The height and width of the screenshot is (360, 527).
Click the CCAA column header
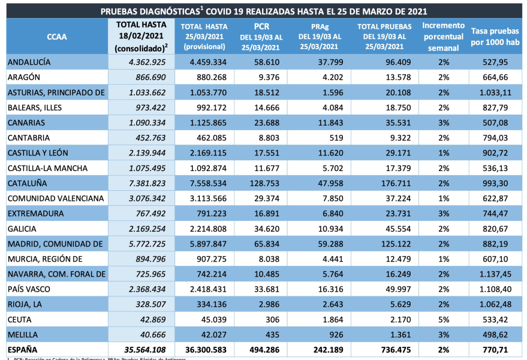(x=56, y=37)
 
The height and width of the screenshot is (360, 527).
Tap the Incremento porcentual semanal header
(x=443, y=37)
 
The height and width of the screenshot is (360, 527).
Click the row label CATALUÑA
(x=28, y=183)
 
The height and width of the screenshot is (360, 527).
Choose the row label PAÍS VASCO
(x=29, y=289)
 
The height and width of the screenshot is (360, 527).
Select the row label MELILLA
(x=23, y=334)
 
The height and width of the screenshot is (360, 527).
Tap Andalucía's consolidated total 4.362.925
(x=142, y=62)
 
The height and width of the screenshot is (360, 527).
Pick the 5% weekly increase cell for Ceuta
(x=444, y=319)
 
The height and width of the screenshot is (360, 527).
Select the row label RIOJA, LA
(x=25, y=304)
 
